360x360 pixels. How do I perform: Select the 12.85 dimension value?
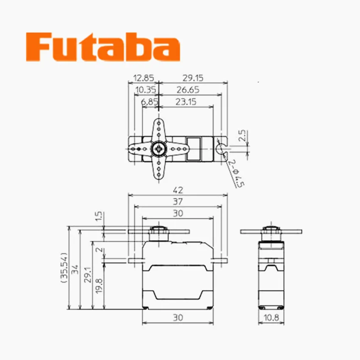(x=143, y=78)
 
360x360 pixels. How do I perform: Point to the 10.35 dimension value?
(x=144, y=90)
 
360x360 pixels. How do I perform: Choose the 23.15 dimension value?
(x=186, y=102)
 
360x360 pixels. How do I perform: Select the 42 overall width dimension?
(x=178, y=190)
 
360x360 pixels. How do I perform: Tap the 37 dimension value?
(x=178, y=202)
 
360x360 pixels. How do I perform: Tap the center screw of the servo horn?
(x=158, y=149)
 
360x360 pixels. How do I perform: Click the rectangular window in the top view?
(x=195, y=149)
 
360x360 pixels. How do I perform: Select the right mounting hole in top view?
(x=221, y=149)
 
